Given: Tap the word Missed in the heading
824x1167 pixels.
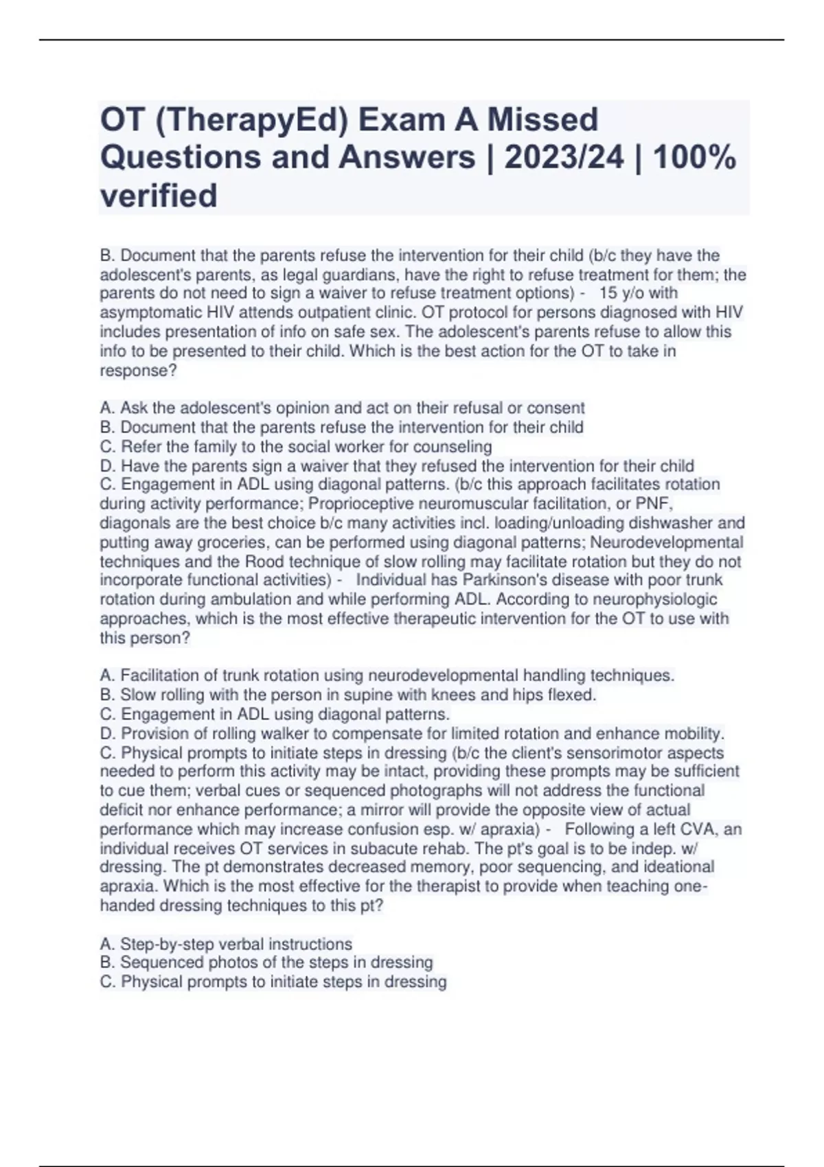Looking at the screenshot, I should [542, 120].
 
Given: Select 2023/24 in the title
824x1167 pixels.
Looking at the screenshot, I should [564, 157].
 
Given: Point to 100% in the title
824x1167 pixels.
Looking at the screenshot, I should [694, 157].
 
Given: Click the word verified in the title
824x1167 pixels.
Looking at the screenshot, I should [159, 196].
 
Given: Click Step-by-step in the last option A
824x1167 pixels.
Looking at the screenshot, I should [167, 945].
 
